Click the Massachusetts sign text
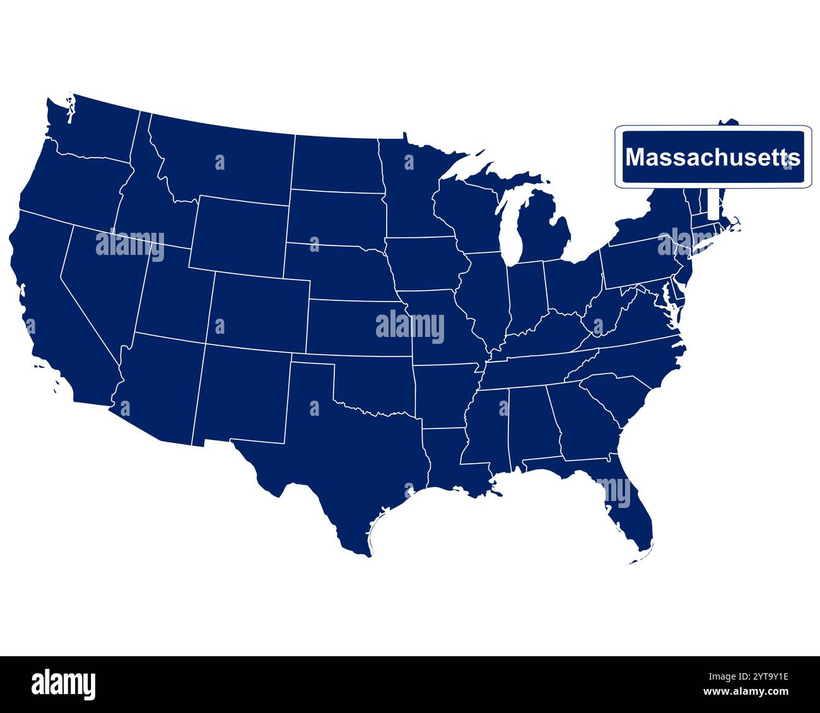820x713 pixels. click(x=713, y=157)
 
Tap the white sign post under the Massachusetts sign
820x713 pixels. click(x=713, y=203)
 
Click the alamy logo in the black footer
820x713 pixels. click(x=63, y=685)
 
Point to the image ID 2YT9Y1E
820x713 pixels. click(x=756, y=678)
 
